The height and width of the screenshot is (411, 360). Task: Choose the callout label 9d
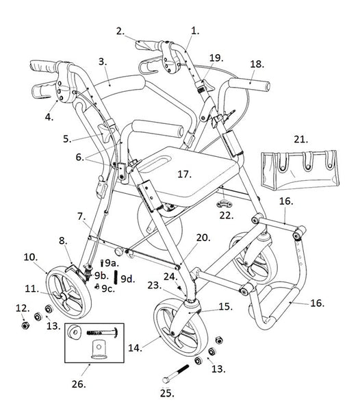point(127,279)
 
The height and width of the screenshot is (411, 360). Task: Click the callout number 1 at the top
point(195,31)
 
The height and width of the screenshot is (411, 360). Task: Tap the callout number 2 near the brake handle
point(120,31)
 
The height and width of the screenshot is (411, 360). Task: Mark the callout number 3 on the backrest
point(103,62)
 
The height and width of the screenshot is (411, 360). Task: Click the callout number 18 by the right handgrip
point(257,63)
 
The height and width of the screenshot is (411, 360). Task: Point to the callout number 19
point(216,58)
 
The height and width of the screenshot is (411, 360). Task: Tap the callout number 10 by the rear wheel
point(31,258)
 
